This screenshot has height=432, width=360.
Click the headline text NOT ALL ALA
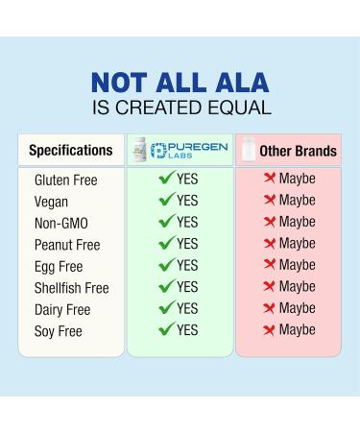point(180,82)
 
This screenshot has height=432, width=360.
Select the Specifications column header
point(71,151)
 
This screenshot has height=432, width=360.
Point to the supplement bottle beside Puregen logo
point(142,150)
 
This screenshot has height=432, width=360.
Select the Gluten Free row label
point(65,180)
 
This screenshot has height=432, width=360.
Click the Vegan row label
point(53,202)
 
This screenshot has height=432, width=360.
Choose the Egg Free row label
point(58,266)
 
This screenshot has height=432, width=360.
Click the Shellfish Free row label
point(71,288)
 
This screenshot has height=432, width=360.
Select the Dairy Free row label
point(61,309)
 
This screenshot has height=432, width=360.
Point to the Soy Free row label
point(58,331)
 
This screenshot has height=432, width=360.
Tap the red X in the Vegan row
point(270,201)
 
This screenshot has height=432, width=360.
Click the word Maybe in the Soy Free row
point(297,330)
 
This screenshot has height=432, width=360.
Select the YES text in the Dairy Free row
point(187,308)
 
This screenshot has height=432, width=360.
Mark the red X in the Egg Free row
point(270,265)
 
